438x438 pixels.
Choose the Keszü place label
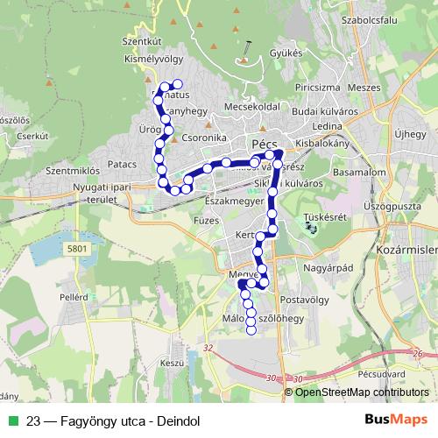tap(171, 363)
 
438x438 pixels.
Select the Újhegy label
tap(409, 135)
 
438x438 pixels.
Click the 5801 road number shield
tap(76, 249)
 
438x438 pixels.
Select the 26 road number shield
tap(420, 355)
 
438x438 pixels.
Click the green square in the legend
tap(11, 420)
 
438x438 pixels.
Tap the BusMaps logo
tap(396, 419)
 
